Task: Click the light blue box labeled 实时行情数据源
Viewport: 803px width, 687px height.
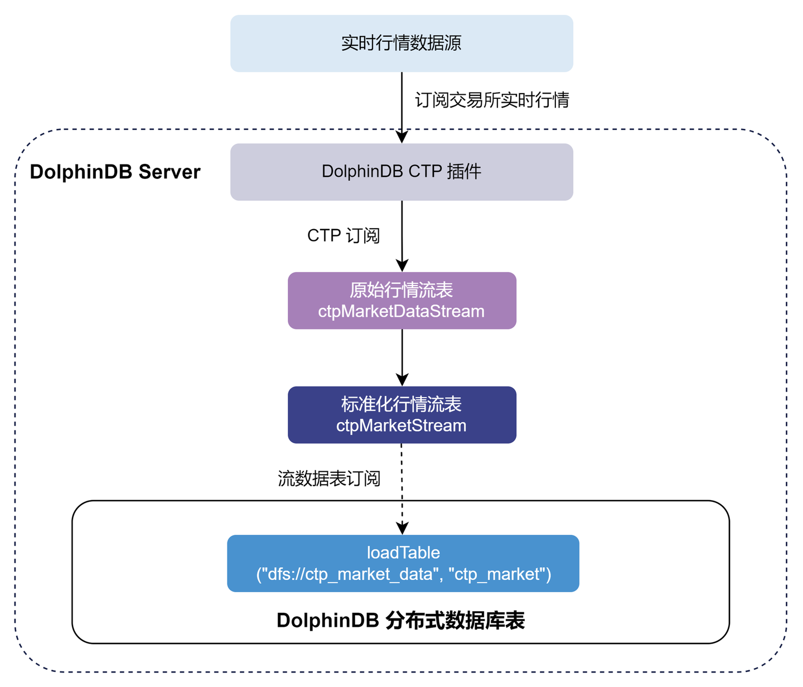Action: coord(401,43)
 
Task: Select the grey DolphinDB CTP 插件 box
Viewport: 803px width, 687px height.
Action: coord(401,172)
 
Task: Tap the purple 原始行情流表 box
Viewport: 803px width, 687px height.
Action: coord(401,301)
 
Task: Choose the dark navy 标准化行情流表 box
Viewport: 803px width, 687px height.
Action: coord(401,415)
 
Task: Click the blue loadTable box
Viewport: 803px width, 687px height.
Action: coord(403,563)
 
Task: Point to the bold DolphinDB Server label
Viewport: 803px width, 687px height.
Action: coord(115,172)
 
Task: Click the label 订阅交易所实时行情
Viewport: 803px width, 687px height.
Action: coord(492,100)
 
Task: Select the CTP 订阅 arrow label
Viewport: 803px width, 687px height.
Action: coord(344,235)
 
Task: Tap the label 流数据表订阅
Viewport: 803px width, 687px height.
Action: coord(329,478)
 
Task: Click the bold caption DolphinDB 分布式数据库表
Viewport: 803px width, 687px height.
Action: coord(400,621)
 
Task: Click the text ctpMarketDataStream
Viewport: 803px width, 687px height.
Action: coord(401,311)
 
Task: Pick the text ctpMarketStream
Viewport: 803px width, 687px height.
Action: coord(401,425)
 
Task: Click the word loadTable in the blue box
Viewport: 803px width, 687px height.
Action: coord(403,553)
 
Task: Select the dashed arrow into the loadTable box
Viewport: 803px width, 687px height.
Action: coord(402,485)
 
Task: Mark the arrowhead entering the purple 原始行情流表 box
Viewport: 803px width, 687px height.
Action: coord(402,265)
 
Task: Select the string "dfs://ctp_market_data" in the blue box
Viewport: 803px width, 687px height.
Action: coord(350,574)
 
